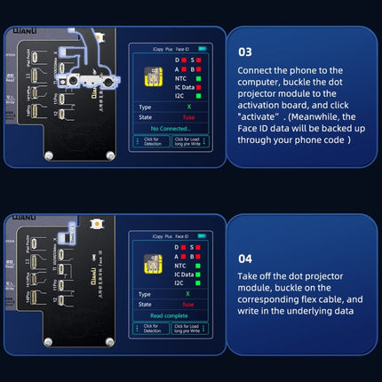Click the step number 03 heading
coord(246,52)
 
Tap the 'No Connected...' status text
coord(171,128)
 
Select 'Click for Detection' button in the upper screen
coord(151,141)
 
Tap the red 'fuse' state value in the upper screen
coord(187,115)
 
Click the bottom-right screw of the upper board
coord(110,155)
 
